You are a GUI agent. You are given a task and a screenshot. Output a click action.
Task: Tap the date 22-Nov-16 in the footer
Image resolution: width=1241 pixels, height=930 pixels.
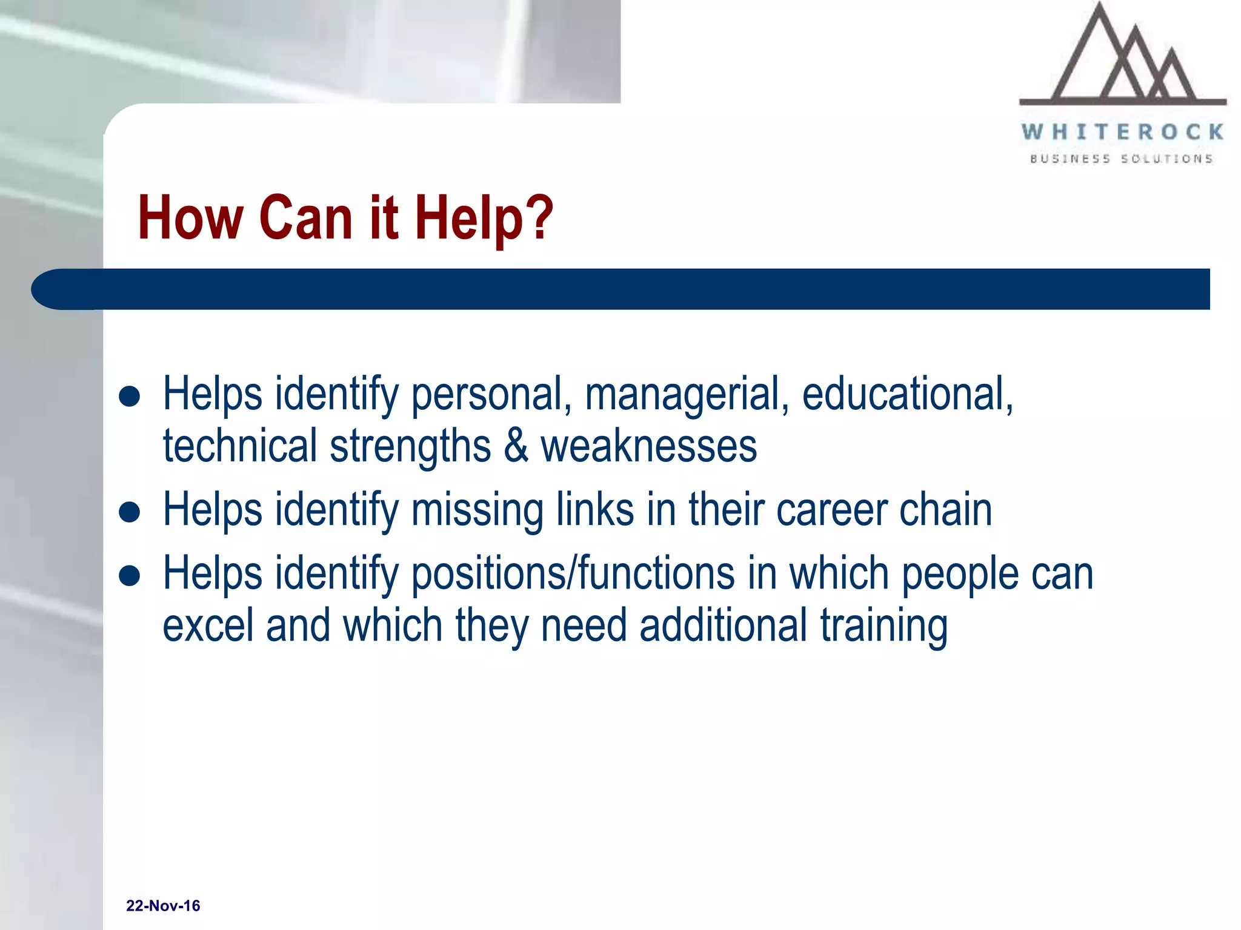163,906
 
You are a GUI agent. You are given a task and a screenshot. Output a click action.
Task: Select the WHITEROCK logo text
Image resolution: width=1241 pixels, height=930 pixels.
1123,132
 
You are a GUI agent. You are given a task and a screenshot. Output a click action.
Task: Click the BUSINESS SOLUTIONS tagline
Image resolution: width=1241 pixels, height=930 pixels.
1122,159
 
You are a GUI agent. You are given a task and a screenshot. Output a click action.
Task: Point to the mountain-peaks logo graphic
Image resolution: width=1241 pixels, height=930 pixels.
1123,58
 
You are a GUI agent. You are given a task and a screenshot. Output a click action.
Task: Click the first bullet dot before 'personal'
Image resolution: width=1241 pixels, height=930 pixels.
130,397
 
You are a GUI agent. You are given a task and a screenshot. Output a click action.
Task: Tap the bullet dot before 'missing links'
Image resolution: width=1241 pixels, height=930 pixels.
130,512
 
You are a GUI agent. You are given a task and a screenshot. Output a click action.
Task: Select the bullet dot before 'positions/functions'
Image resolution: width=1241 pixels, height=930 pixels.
130,576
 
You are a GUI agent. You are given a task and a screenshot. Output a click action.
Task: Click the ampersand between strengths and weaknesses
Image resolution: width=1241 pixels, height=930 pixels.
516,446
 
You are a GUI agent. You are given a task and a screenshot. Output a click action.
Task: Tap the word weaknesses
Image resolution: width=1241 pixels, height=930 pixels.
648,446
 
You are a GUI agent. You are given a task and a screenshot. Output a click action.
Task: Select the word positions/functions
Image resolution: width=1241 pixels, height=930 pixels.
573,574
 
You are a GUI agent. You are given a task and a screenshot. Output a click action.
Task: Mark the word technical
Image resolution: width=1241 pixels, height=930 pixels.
240,446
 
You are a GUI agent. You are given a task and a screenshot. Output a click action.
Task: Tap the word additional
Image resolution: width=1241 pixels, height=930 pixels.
724,625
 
